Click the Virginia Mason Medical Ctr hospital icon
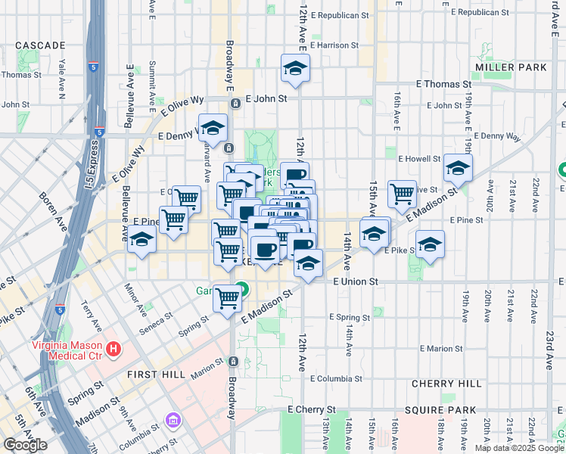tap(114, 349)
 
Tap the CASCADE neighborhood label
tap(40, 45)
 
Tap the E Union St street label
tap(355, 281)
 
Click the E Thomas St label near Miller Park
tap(443, 85)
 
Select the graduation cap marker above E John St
tap(294, 68)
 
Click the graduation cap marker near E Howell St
tap(457, 169)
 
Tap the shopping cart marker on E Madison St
tap(227, 297)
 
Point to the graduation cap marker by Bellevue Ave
tap(141, 239)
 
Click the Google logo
tap(25, 445)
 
